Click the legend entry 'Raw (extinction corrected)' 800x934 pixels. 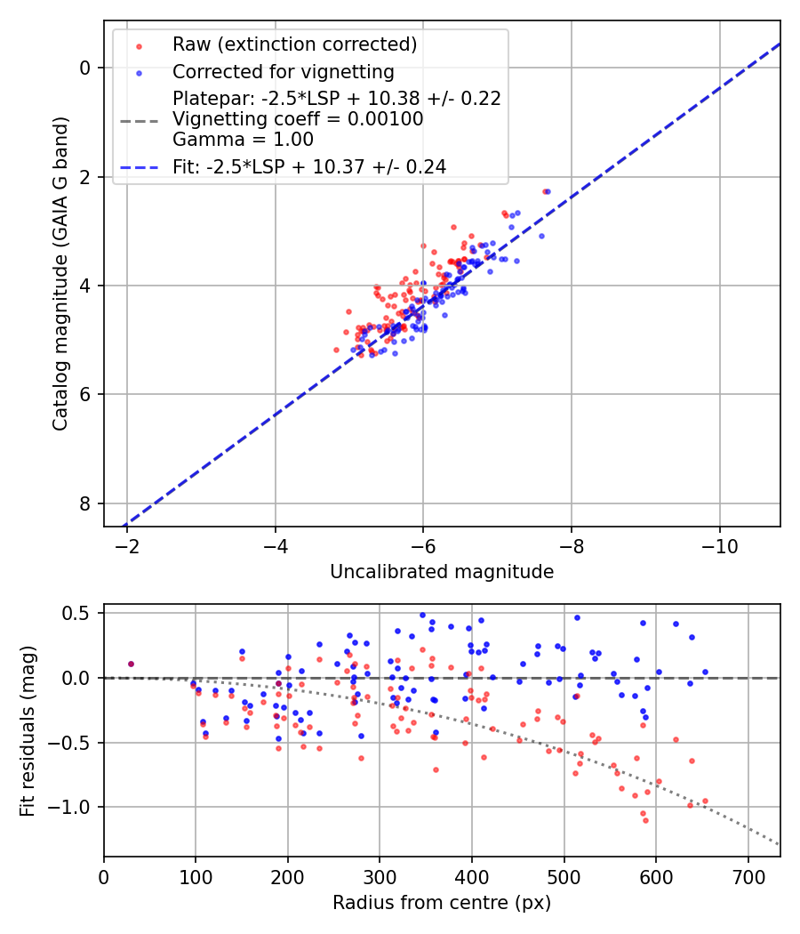[294, 44]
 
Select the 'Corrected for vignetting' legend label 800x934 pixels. [284, 71]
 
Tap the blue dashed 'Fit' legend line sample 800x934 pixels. [140, 166]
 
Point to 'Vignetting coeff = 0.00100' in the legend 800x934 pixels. [298, 119]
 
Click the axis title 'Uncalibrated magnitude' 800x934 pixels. [442, 572]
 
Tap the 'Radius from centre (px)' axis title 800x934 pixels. [442, 903]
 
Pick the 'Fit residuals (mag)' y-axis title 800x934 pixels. [28, 730]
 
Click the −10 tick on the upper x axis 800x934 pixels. [719, 545]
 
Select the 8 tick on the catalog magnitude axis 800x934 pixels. [86, 503]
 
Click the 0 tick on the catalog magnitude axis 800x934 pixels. [86, 68]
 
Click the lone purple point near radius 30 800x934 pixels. [131, 664]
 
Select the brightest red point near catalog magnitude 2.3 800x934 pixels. [545, 191]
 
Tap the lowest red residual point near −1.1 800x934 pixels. [645, 820]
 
